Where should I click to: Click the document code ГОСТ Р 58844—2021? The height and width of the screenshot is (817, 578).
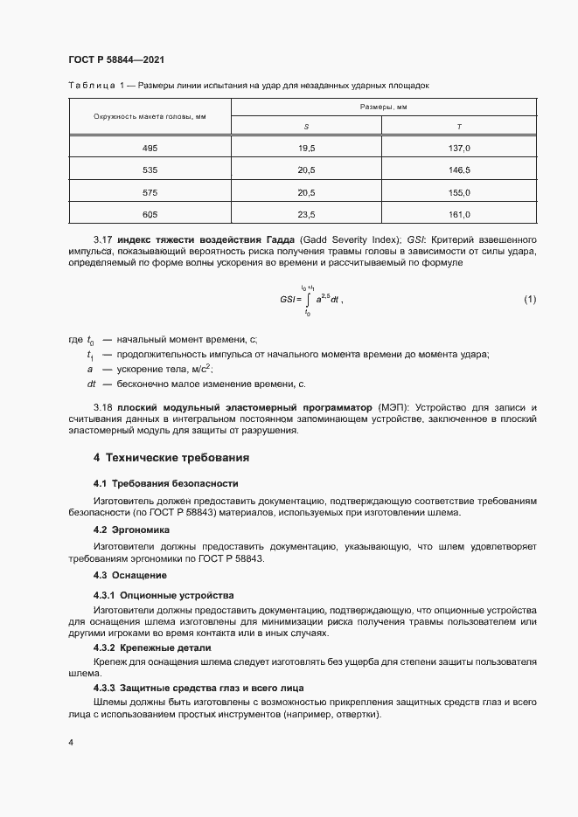(115, 59)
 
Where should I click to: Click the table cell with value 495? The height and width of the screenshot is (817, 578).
(150, 149)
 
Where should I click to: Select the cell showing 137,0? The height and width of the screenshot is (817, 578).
(459, 149)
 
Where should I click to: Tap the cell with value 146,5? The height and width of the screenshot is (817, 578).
(459, 170)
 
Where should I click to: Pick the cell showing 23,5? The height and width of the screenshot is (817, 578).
(306, 214)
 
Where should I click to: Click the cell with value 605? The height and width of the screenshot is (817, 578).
(150, 214)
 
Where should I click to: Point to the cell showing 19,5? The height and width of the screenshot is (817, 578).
(306, 149)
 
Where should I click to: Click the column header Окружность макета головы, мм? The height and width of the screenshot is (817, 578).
(150, 116)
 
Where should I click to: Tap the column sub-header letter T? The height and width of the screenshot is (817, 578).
(459, 128)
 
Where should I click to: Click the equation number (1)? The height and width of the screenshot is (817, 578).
(529, 300)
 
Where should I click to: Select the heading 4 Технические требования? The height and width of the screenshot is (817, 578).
(171, 458)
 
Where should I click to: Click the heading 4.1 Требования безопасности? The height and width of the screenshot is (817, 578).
(165, 483)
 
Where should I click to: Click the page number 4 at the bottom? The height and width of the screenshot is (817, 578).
(70, 743)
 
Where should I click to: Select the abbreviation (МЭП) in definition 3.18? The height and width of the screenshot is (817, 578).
(392, 408)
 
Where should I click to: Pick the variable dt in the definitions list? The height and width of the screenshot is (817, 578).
(91, 384)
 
